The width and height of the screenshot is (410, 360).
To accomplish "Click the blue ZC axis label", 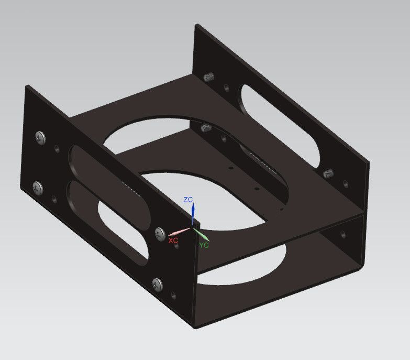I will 189,200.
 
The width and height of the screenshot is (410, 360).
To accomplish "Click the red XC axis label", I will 173,240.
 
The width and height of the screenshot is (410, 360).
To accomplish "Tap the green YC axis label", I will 204,244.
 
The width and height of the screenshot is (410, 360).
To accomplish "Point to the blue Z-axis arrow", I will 193,214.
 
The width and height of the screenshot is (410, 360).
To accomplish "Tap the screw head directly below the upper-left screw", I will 38,187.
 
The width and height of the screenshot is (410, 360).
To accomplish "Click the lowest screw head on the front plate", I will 158,285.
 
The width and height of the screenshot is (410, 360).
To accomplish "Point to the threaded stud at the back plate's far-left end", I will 209,78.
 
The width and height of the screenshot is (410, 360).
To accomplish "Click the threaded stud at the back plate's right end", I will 329,173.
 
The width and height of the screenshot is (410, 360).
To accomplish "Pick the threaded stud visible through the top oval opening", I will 206,127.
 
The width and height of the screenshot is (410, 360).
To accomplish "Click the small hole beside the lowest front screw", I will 173,296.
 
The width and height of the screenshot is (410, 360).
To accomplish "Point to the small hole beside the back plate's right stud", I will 345,184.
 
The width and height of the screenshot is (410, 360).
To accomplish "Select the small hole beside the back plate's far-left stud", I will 226,87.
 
